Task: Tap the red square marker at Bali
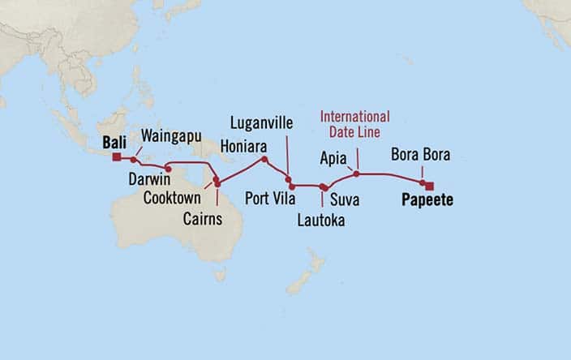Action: point(117,157)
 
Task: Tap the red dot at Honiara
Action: point(264,159)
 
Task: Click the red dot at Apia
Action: point(356,174)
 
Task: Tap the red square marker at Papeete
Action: point(429,183)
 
